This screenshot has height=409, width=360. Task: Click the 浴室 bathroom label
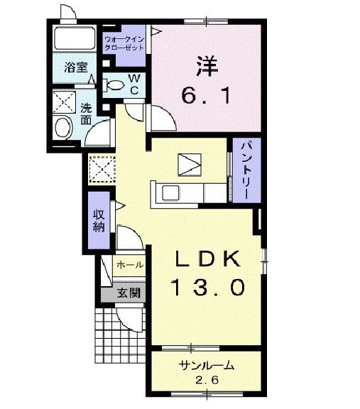(76, 67)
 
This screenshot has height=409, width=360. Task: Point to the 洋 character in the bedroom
(205, 66)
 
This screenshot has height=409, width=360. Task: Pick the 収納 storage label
(98, 222)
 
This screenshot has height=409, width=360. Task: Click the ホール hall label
(129, 264)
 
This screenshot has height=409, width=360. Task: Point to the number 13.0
(209, 287)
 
